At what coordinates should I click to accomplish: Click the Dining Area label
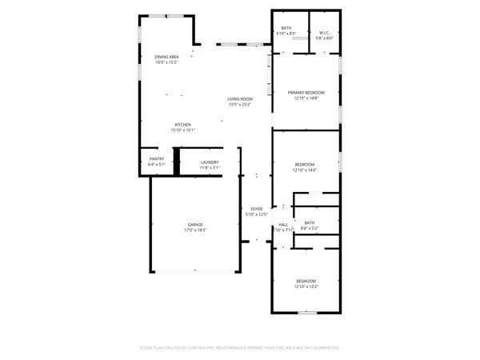point(166,57)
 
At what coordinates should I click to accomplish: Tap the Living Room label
point(240,99)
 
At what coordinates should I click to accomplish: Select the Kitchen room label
point(183,125)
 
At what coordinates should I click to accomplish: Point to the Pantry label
point(157,158)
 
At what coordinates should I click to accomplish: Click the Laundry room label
point(210,162)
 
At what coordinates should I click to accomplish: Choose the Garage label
point(195,224)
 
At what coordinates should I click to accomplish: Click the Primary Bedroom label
point(306,93)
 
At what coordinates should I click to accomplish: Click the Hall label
point(283,225)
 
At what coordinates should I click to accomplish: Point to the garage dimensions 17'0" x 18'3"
point(195,230)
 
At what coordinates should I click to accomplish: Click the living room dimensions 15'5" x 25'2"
point(240,105)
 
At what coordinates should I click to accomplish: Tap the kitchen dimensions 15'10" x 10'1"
point(183,130)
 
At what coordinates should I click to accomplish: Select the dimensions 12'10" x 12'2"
point(306,286)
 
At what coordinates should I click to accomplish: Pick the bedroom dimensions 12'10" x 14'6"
point(306,170)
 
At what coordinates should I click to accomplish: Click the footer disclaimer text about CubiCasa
point(240,348)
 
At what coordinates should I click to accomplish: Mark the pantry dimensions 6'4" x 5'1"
point(157,164)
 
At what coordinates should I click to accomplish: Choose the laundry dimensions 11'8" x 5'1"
point(210,168)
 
